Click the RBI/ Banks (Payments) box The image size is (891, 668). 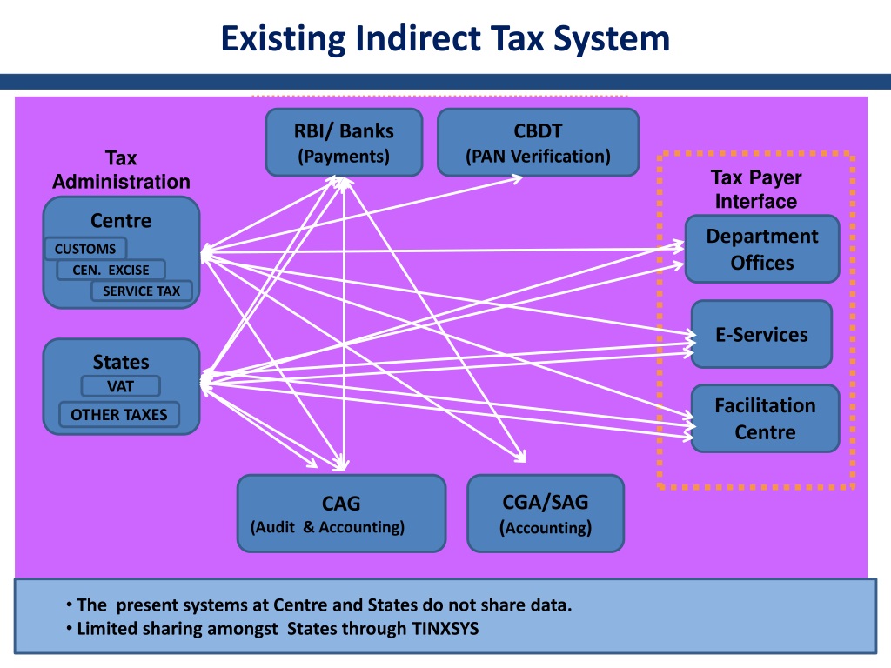(344, 142)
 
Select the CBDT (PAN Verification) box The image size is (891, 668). (538, 142)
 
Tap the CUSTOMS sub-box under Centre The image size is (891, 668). (85, 249)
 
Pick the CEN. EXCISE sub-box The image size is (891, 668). (111, 270)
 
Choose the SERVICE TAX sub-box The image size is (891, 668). (142, 291)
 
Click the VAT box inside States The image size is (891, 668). (120, 386)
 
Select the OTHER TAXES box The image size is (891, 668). (118, 415)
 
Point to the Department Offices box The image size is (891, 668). (762, 249)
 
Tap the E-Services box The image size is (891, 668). (761, 334)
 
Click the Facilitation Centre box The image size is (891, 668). (765, 418)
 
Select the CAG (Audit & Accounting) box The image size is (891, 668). (341, 513)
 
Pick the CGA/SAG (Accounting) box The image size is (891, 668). (546, 513)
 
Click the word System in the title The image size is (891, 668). (612, 38)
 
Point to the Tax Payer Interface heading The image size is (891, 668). (756, 189)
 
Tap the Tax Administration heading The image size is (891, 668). (121, 170)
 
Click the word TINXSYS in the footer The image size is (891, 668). (445, 629)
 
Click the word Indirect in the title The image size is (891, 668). (418, 38)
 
